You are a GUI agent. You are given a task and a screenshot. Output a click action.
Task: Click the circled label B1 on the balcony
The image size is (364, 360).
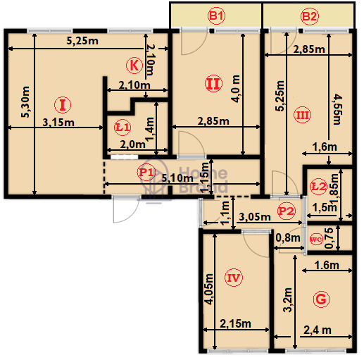click(x=216, y=16)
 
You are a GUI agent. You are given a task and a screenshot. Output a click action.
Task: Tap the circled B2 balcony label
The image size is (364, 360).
click(x=310, y=16)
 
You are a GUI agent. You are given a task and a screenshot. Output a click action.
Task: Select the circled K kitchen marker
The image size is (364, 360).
click(x=134, y=66)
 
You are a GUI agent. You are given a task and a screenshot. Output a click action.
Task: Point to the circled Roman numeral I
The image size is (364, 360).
click(x=63, y=105)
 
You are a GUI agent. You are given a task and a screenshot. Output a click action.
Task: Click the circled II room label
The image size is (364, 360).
click(x=213, y=83)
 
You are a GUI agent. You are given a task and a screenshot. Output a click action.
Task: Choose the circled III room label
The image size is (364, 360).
click(x=302, y=115)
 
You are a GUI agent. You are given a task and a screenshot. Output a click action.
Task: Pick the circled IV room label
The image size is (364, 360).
click(x=234, y=278)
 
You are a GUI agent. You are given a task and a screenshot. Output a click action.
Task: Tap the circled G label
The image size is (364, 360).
click(x=321, y=299)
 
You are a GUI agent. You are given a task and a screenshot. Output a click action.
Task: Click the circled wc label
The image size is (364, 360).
click(x=316, y=240)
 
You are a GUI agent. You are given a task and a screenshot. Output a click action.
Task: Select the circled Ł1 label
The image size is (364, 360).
click(x=123, y=128)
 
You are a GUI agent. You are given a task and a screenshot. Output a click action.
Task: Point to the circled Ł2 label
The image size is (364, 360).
click(x=318, y=187)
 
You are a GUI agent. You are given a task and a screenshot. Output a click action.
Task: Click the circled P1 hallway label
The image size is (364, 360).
click(x=146, y=172)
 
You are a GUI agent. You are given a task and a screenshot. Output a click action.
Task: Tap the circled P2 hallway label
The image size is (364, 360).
click(x=286, y=211)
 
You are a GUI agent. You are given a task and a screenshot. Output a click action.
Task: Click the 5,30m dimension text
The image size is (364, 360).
click(x=25, y=102)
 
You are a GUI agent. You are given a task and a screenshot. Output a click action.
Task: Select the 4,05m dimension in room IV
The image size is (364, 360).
click(x=208, y=289)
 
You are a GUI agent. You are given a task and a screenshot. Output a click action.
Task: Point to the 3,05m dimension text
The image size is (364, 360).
click(x=255, y=216)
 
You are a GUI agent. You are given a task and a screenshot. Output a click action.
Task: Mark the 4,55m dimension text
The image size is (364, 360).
click(x=338, y=109)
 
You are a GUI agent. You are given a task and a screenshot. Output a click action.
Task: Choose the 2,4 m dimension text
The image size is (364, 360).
click(x=318, y=330)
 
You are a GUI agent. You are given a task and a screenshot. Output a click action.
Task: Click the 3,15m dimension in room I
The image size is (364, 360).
click(x=58, y=123)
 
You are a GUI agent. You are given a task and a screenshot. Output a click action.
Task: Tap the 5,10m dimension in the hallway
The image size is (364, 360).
click(x=177, y=178)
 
